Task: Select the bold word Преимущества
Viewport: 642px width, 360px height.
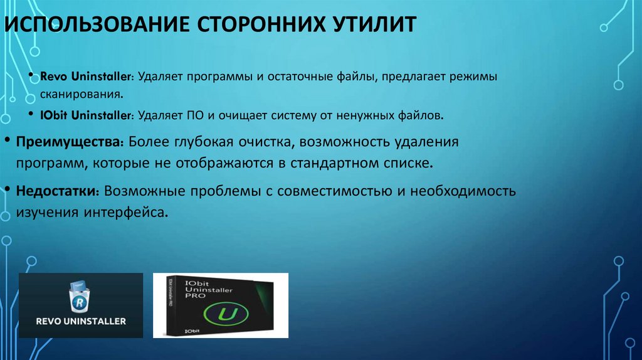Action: pos(70,141)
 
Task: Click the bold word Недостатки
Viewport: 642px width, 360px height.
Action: pos(60,191)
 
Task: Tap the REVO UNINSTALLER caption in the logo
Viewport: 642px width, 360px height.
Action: pos(80,321)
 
